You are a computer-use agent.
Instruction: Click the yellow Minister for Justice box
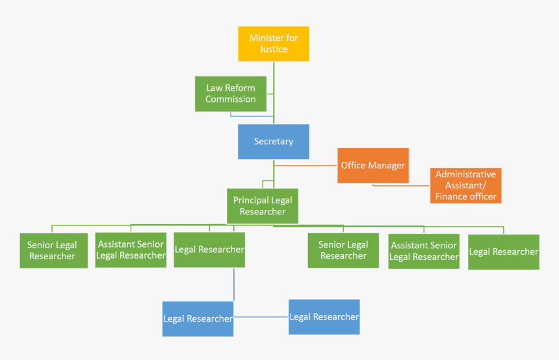tap(274, 44)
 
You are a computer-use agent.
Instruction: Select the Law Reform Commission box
tap(230, 94)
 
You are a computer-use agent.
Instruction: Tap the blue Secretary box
tap(274, 142)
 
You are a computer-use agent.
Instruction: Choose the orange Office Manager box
tap(373, 166)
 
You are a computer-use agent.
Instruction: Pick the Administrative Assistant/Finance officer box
tap(465, 185)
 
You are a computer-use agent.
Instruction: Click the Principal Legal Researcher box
tap(263, 206)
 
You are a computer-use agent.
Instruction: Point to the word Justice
tap(274, 49)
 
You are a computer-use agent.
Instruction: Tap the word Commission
tap(231, 99)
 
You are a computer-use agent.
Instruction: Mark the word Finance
tap(449, 196)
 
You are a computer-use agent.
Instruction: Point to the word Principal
tap(251, 200)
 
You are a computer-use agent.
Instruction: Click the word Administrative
tap(465, 174)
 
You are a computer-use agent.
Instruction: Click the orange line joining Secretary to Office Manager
tap(305, 165)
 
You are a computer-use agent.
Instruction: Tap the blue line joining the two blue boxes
tap(261, 318)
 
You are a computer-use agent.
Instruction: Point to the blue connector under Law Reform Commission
tap(250, 116)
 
